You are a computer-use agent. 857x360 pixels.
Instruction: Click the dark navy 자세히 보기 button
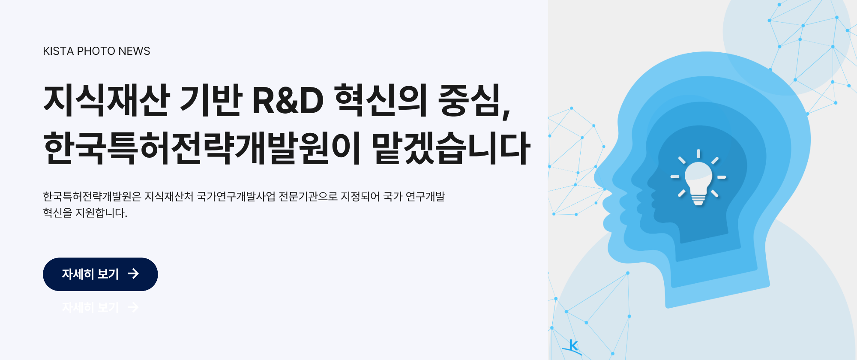tap(100, 274)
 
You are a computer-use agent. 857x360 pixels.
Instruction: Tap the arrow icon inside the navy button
tap(133, 274)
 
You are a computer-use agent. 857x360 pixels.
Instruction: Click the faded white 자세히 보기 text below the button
tap(90, 307)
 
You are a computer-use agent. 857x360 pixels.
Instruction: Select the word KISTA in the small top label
tap(58, 51)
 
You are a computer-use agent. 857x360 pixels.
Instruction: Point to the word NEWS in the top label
tap(134, 51)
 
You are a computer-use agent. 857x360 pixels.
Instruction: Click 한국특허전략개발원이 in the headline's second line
tap(202, 148)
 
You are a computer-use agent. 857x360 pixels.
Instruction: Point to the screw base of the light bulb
tap(698, 200)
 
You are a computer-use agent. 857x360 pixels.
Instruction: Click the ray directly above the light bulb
tap(698, 153)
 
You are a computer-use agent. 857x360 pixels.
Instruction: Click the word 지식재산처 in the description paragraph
tap(169, 197)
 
